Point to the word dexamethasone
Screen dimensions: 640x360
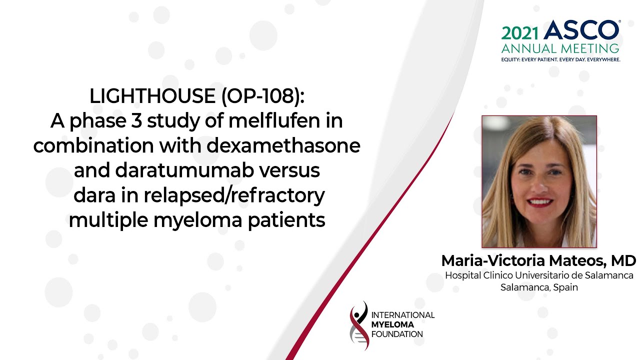(x=283, y=145)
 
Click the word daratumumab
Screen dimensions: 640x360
(x=184, y=170)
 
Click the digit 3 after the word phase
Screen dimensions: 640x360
(x=136, y=121)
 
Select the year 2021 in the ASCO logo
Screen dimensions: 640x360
(x=520, y=33)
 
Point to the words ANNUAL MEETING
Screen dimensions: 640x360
(x=560, y=48)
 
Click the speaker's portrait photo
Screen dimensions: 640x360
(x=539, y=181)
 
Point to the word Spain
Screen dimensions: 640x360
(x=565, y=287)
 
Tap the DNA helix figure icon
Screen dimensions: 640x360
(x=359, y=325)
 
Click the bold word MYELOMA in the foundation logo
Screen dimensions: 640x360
(x=392, y=324)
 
